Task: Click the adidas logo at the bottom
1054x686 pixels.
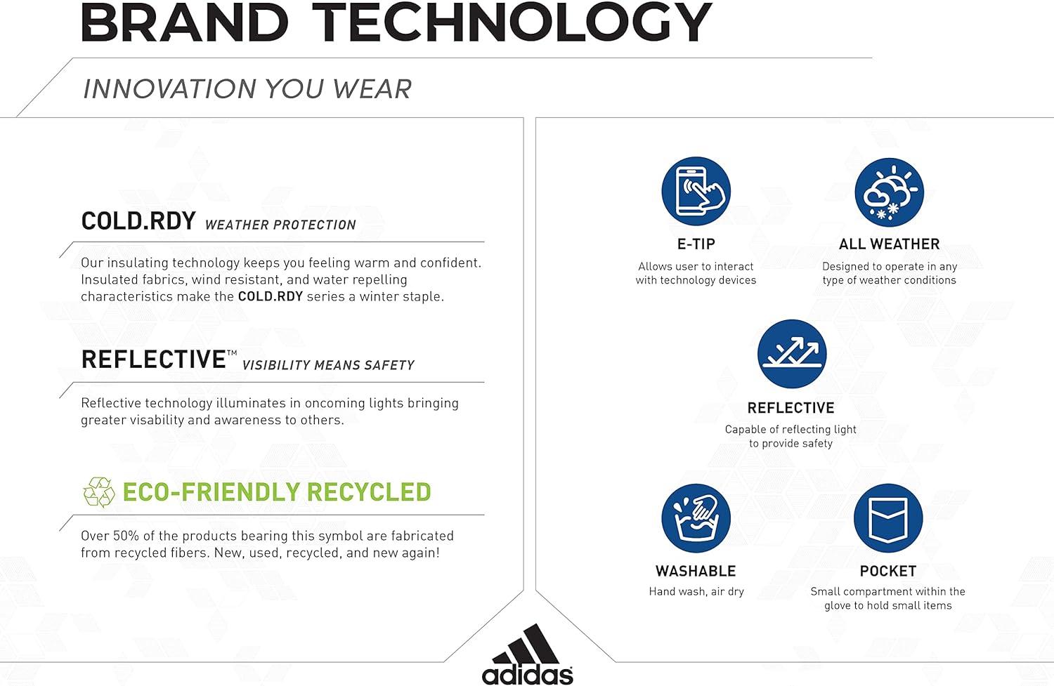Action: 527,655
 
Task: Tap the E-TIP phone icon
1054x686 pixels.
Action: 696,191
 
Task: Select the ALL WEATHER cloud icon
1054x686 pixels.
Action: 889,192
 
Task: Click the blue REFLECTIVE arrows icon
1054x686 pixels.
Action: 791,354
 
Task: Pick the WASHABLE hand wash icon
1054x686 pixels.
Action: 696,518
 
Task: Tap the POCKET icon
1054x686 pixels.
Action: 888,518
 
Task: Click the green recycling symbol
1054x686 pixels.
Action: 98,492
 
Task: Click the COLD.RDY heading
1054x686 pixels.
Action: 138,221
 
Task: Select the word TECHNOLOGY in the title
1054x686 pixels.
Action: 512,23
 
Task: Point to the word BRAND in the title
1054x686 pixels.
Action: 185,23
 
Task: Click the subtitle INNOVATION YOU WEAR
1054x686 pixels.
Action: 247,89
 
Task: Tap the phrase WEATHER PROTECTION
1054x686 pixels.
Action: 280,225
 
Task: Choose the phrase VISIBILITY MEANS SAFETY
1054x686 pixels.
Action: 328,365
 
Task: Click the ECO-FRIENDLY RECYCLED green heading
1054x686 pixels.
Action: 277,492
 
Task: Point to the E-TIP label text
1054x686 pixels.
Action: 696,244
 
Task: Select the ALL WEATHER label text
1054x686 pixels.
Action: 889,244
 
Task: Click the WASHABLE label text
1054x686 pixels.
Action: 696,571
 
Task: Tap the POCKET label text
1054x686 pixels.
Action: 888,571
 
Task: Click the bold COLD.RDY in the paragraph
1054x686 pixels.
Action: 271,296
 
